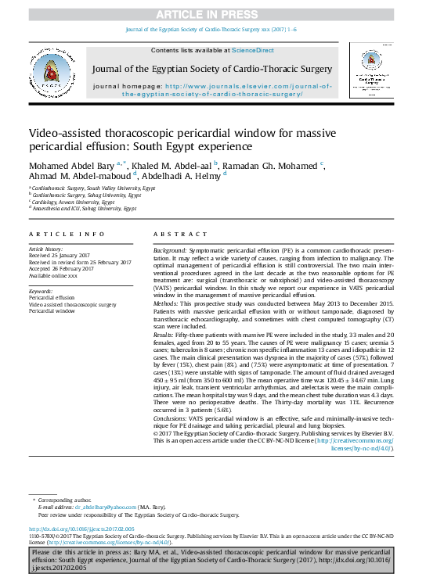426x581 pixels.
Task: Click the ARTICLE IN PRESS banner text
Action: point(213,15)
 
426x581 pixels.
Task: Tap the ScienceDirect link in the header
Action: point(252,49)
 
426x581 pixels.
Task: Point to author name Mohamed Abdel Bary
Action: point(71,166)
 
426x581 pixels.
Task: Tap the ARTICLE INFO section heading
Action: point(67,235)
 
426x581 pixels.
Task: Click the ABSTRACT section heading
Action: point(181,235)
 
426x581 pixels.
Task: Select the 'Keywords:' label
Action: point(41,292)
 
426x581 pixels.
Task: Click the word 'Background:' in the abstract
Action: point(170,248)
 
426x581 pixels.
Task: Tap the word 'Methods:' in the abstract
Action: point(167,302)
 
